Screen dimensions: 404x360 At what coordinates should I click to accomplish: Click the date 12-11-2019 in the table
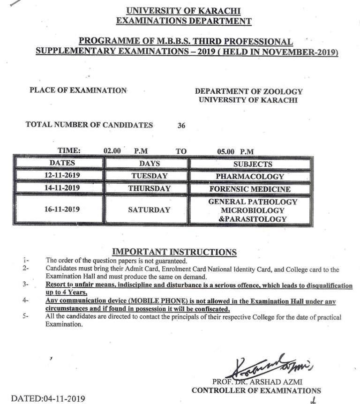pos(59,176)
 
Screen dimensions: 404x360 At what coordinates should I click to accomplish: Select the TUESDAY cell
pos(149,176)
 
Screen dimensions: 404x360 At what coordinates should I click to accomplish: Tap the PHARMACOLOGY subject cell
pos(250,177)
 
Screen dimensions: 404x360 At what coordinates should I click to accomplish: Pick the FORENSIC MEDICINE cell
pos(250,189)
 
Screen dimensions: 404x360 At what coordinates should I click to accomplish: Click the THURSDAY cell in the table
pos(149,188)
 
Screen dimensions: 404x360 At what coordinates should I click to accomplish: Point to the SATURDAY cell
pos(149,210)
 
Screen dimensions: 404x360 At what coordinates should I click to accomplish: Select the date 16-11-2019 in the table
pos(59,209)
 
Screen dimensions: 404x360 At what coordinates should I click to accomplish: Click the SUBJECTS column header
pos(252,164)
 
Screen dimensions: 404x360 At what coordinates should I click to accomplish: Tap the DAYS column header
pos(149,164)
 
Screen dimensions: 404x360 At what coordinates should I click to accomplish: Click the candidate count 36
pos(182,126)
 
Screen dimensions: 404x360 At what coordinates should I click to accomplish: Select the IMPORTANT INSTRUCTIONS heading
pos(174,252)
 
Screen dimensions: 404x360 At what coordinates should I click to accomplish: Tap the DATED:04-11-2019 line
pos(48,399)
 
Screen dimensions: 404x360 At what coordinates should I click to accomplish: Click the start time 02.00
pos(112,151)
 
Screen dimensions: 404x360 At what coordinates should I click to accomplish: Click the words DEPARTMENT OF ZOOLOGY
pos(248,91)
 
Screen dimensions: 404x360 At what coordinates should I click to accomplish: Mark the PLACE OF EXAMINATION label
pos(78,90)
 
